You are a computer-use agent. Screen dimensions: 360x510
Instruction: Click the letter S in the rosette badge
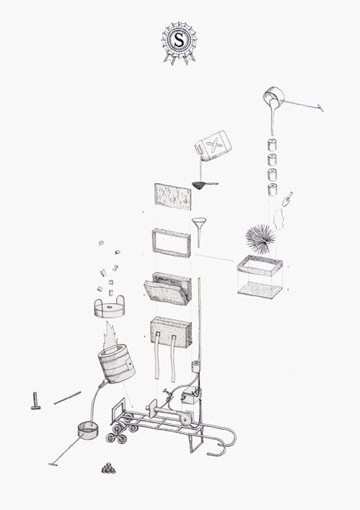tap(179, 40)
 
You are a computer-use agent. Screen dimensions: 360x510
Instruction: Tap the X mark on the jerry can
tap(214, 145)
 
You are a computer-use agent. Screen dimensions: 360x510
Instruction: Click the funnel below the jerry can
tap(198, 232)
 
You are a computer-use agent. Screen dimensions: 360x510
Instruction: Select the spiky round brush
tap(259, 239)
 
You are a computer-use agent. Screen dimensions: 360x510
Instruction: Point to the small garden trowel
tap(287, 199)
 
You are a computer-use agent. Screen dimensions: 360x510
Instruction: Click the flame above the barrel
tap(111, 335)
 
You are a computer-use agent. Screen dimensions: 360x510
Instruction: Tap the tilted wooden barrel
tap(116, 365)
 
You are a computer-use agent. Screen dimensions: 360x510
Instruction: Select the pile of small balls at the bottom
tap(108, 468)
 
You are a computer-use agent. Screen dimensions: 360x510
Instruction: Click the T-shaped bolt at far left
tap(35, 401)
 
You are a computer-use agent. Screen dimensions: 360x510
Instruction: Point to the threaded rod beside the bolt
tap(68, 398)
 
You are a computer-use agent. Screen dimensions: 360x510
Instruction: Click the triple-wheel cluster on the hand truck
tap(117, 434)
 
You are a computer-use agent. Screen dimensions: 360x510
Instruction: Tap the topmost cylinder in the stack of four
tap(272, 145)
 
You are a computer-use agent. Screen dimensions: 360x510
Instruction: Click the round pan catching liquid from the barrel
tap(88, 430)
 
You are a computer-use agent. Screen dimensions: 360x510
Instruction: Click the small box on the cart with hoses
tap(190, 396)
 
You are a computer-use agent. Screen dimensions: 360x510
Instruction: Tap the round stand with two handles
tap(109, 307)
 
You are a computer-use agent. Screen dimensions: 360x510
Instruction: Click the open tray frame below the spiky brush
tap(259, 265)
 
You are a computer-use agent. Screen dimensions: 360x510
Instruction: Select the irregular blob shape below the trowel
tap(278, 219)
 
